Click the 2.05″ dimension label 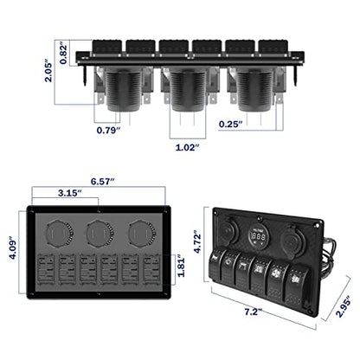[48, 71]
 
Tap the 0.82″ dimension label [63, 55]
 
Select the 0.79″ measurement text [108, 130]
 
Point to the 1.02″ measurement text [188, 147]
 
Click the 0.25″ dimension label [231, 125]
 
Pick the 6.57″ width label [103, 182]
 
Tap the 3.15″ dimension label [70, 193]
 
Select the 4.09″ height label [14, 248]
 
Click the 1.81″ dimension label [181, 266]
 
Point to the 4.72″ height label [197, 241]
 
